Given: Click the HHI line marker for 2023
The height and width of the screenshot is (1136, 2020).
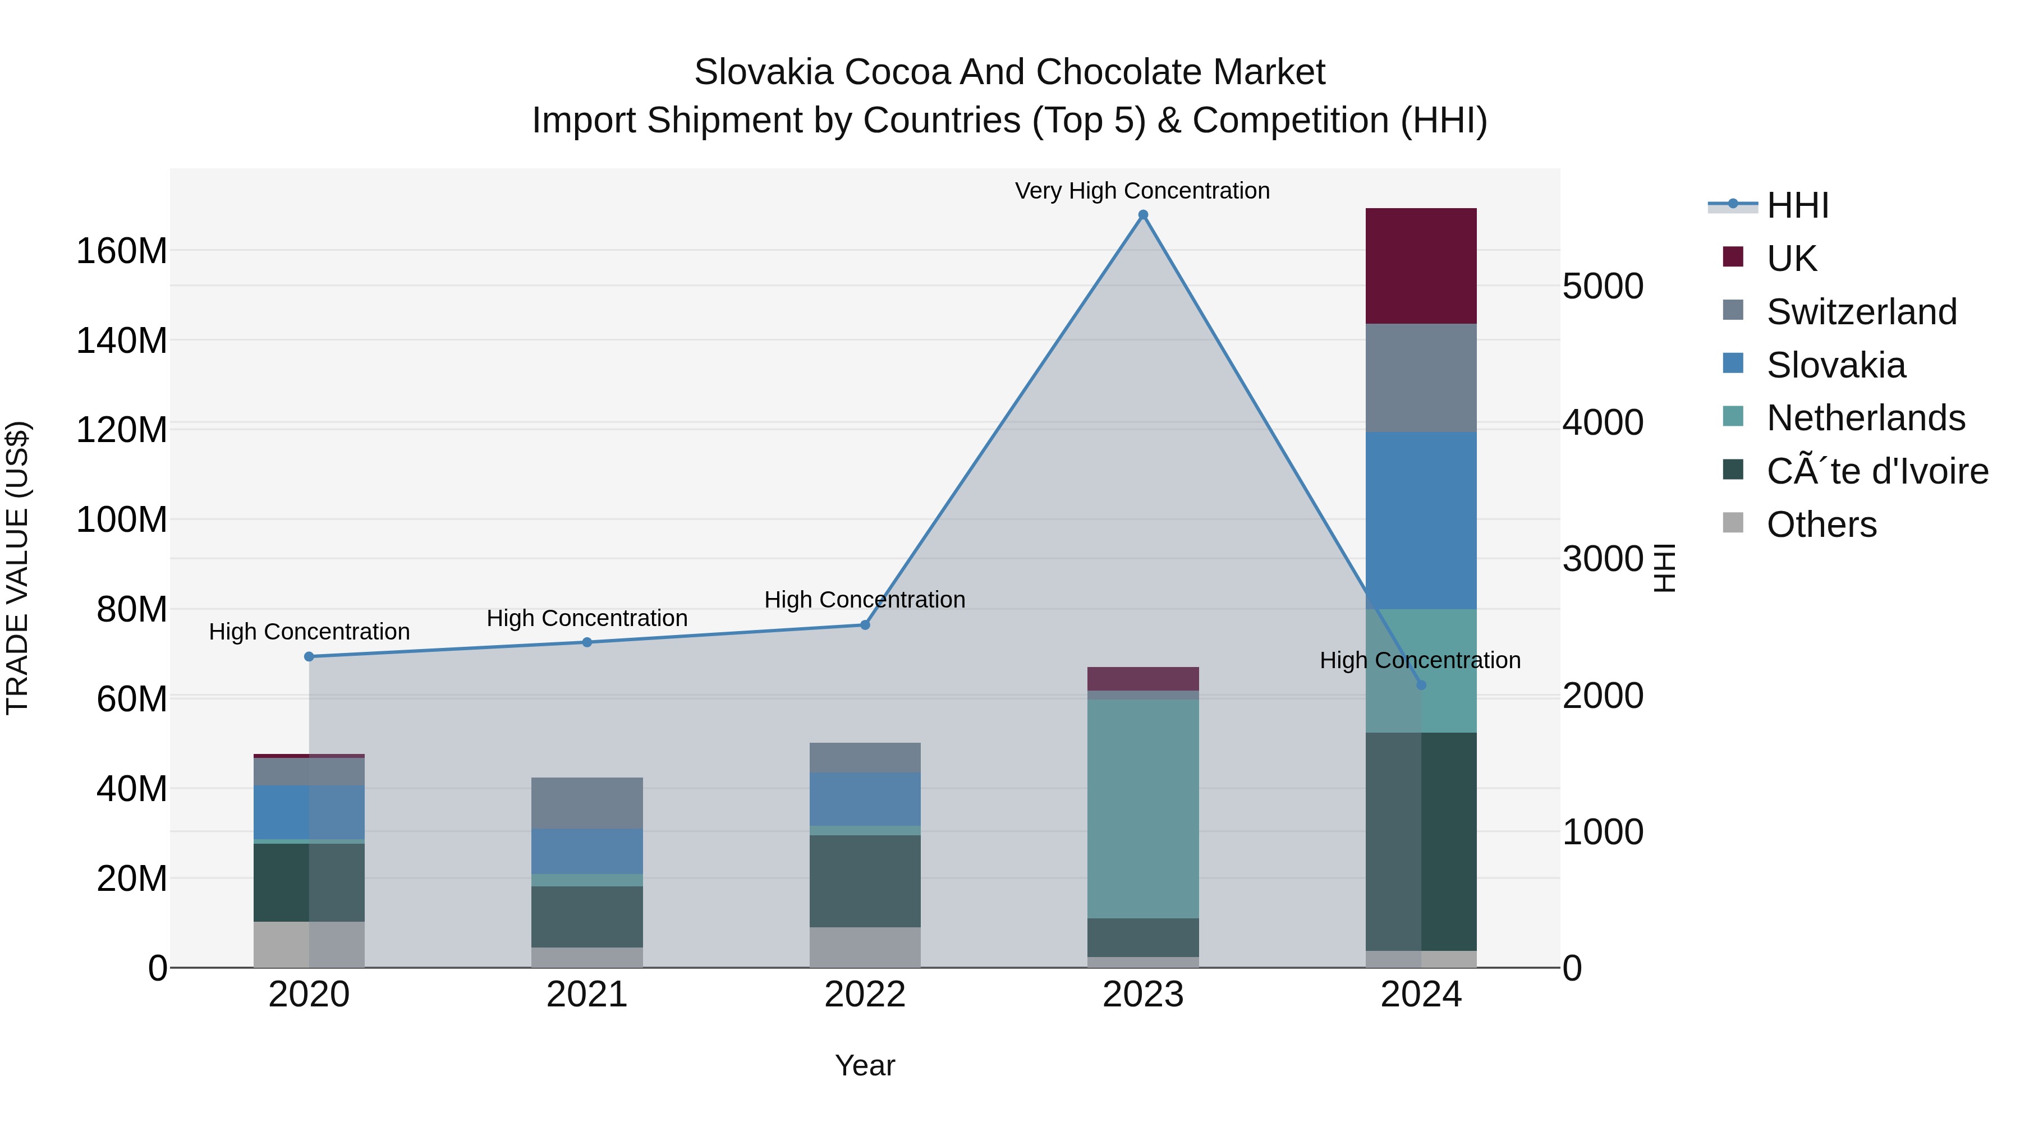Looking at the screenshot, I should (1142, 215).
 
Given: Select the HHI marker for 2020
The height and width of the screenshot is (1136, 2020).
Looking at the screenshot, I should (309, 656).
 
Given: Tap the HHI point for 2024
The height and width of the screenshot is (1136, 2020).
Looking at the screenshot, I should (1421, 685).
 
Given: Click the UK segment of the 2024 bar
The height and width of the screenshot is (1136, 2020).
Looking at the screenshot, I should (1421, 266).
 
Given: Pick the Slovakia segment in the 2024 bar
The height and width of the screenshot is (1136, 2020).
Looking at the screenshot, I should (1421, 520).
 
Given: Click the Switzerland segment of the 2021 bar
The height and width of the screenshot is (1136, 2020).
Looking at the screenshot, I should (586, 803).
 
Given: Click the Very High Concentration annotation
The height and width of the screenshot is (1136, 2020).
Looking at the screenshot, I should (1142, 191).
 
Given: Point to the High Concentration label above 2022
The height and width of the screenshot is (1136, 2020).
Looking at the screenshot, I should (864, 600).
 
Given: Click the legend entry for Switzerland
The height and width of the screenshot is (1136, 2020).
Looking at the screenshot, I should (1862, 312).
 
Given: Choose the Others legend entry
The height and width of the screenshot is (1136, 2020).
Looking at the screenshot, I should (1821, 525).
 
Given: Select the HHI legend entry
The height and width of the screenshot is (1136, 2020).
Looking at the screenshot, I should (1797, 205).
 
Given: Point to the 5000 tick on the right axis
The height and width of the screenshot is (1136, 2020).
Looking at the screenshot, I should (1602, 286).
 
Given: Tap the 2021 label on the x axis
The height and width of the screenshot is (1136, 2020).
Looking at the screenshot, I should (586, 995).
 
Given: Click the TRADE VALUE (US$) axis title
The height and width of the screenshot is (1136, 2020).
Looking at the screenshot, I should (17, 568).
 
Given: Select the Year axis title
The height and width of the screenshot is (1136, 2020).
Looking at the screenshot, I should (865, 1065).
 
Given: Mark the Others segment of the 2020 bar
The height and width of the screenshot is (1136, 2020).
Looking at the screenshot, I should (309, 944).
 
